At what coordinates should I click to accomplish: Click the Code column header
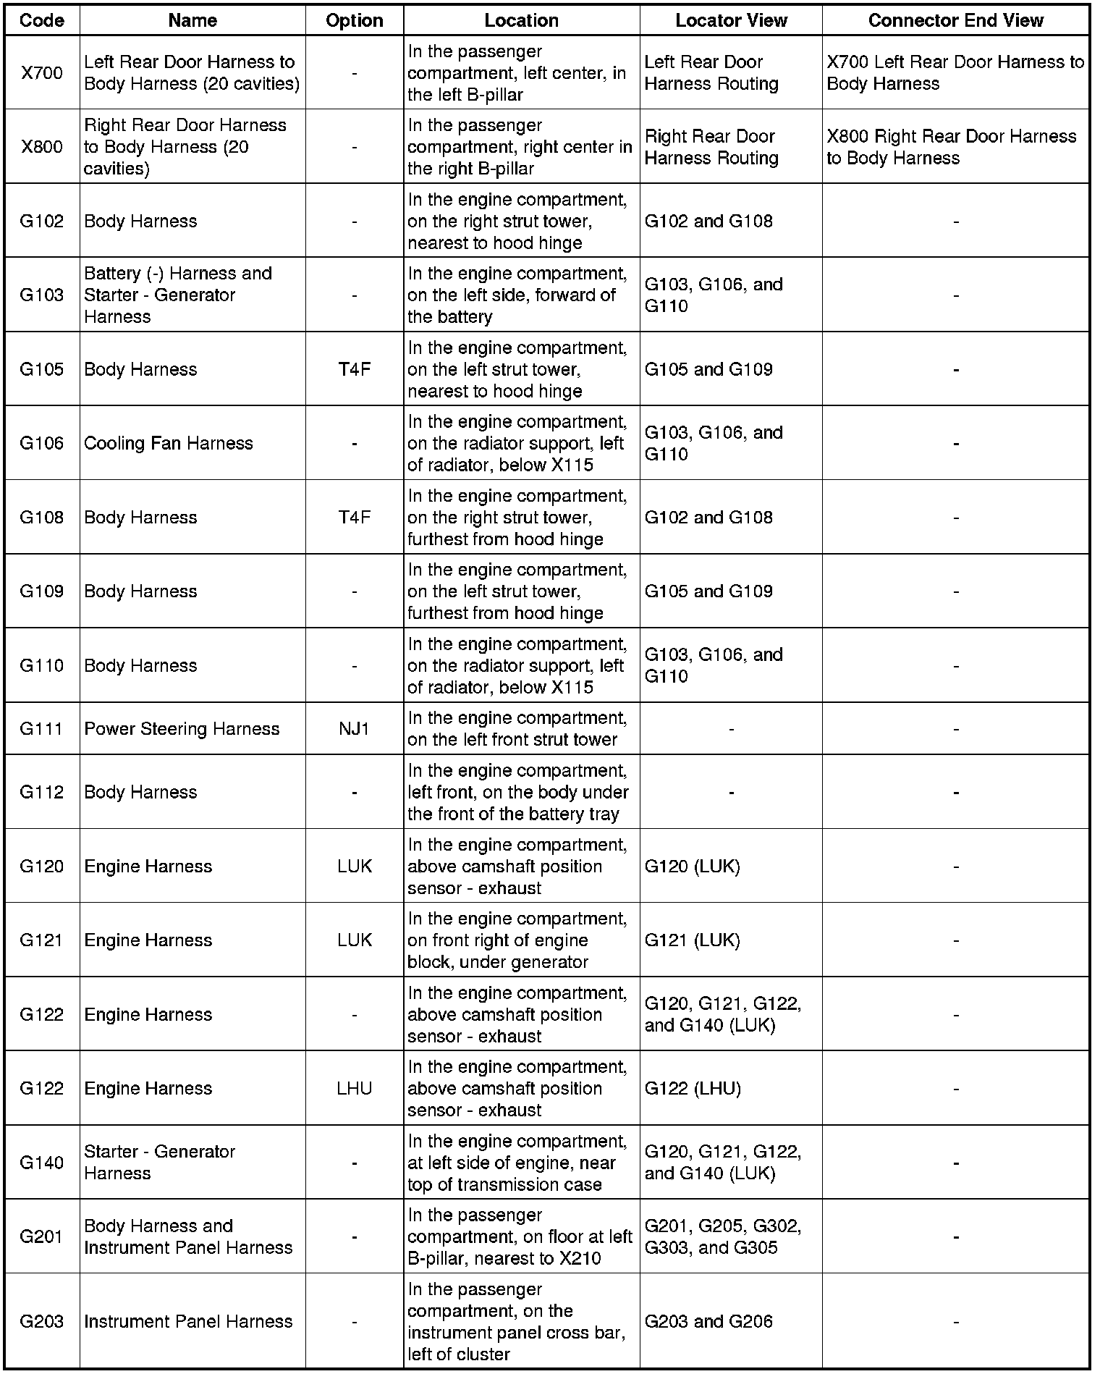tap(42, 20)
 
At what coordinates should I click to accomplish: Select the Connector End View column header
tap(955, 20)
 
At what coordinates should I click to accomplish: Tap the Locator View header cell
tap(731, 20)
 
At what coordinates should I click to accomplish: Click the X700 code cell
tap(42, 73)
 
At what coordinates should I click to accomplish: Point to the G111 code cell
tap(42, 728)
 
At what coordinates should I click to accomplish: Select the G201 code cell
tap(42, 1236)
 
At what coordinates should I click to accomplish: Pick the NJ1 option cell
tap(355, 728)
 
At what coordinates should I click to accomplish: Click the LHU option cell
tap(355, 1088)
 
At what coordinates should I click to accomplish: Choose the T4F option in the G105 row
tap(355, 369)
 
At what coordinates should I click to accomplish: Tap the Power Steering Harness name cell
tap(182, 728)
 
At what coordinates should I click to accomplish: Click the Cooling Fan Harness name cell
tap(169, 443)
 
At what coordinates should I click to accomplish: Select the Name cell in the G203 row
tap(188, 1321)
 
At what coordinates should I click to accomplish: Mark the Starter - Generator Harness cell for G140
tap(160, 1162)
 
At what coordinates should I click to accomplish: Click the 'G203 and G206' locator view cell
tap(708, 1321)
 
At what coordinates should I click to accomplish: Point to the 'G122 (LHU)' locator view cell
tap(693, 1088)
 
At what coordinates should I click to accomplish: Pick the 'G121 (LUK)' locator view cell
tap(692, 940)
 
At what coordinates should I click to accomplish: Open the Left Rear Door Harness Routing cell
tap(711, 73)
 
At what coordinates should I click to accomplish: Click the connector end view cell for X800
tap(952, 147)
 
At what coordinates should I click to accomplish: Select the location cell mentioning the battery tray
tap(517, 792)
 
